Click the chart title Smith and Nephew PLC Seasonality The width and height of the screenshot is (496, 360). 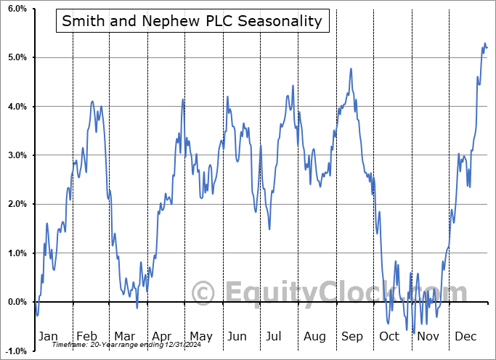(x=192, y=21)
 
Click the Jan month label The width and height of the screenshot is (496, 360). (x=48, y=336)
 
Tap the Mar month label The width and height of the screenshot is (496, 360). (x=124, y=336)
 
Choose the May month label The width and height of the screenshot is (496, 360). (x=200, y=336)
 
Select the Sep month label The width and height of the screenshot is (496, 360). (x=351, y=336)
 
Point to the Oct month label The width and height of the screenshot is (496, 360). (x=389, y=336)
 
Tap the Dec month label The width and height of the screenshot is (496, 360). (x=465, y=336)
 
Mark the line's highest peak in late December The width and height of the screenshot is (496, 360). (x=485, y=44)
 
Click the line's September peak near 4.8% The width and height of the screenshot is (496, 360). (x=351, y=69)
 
